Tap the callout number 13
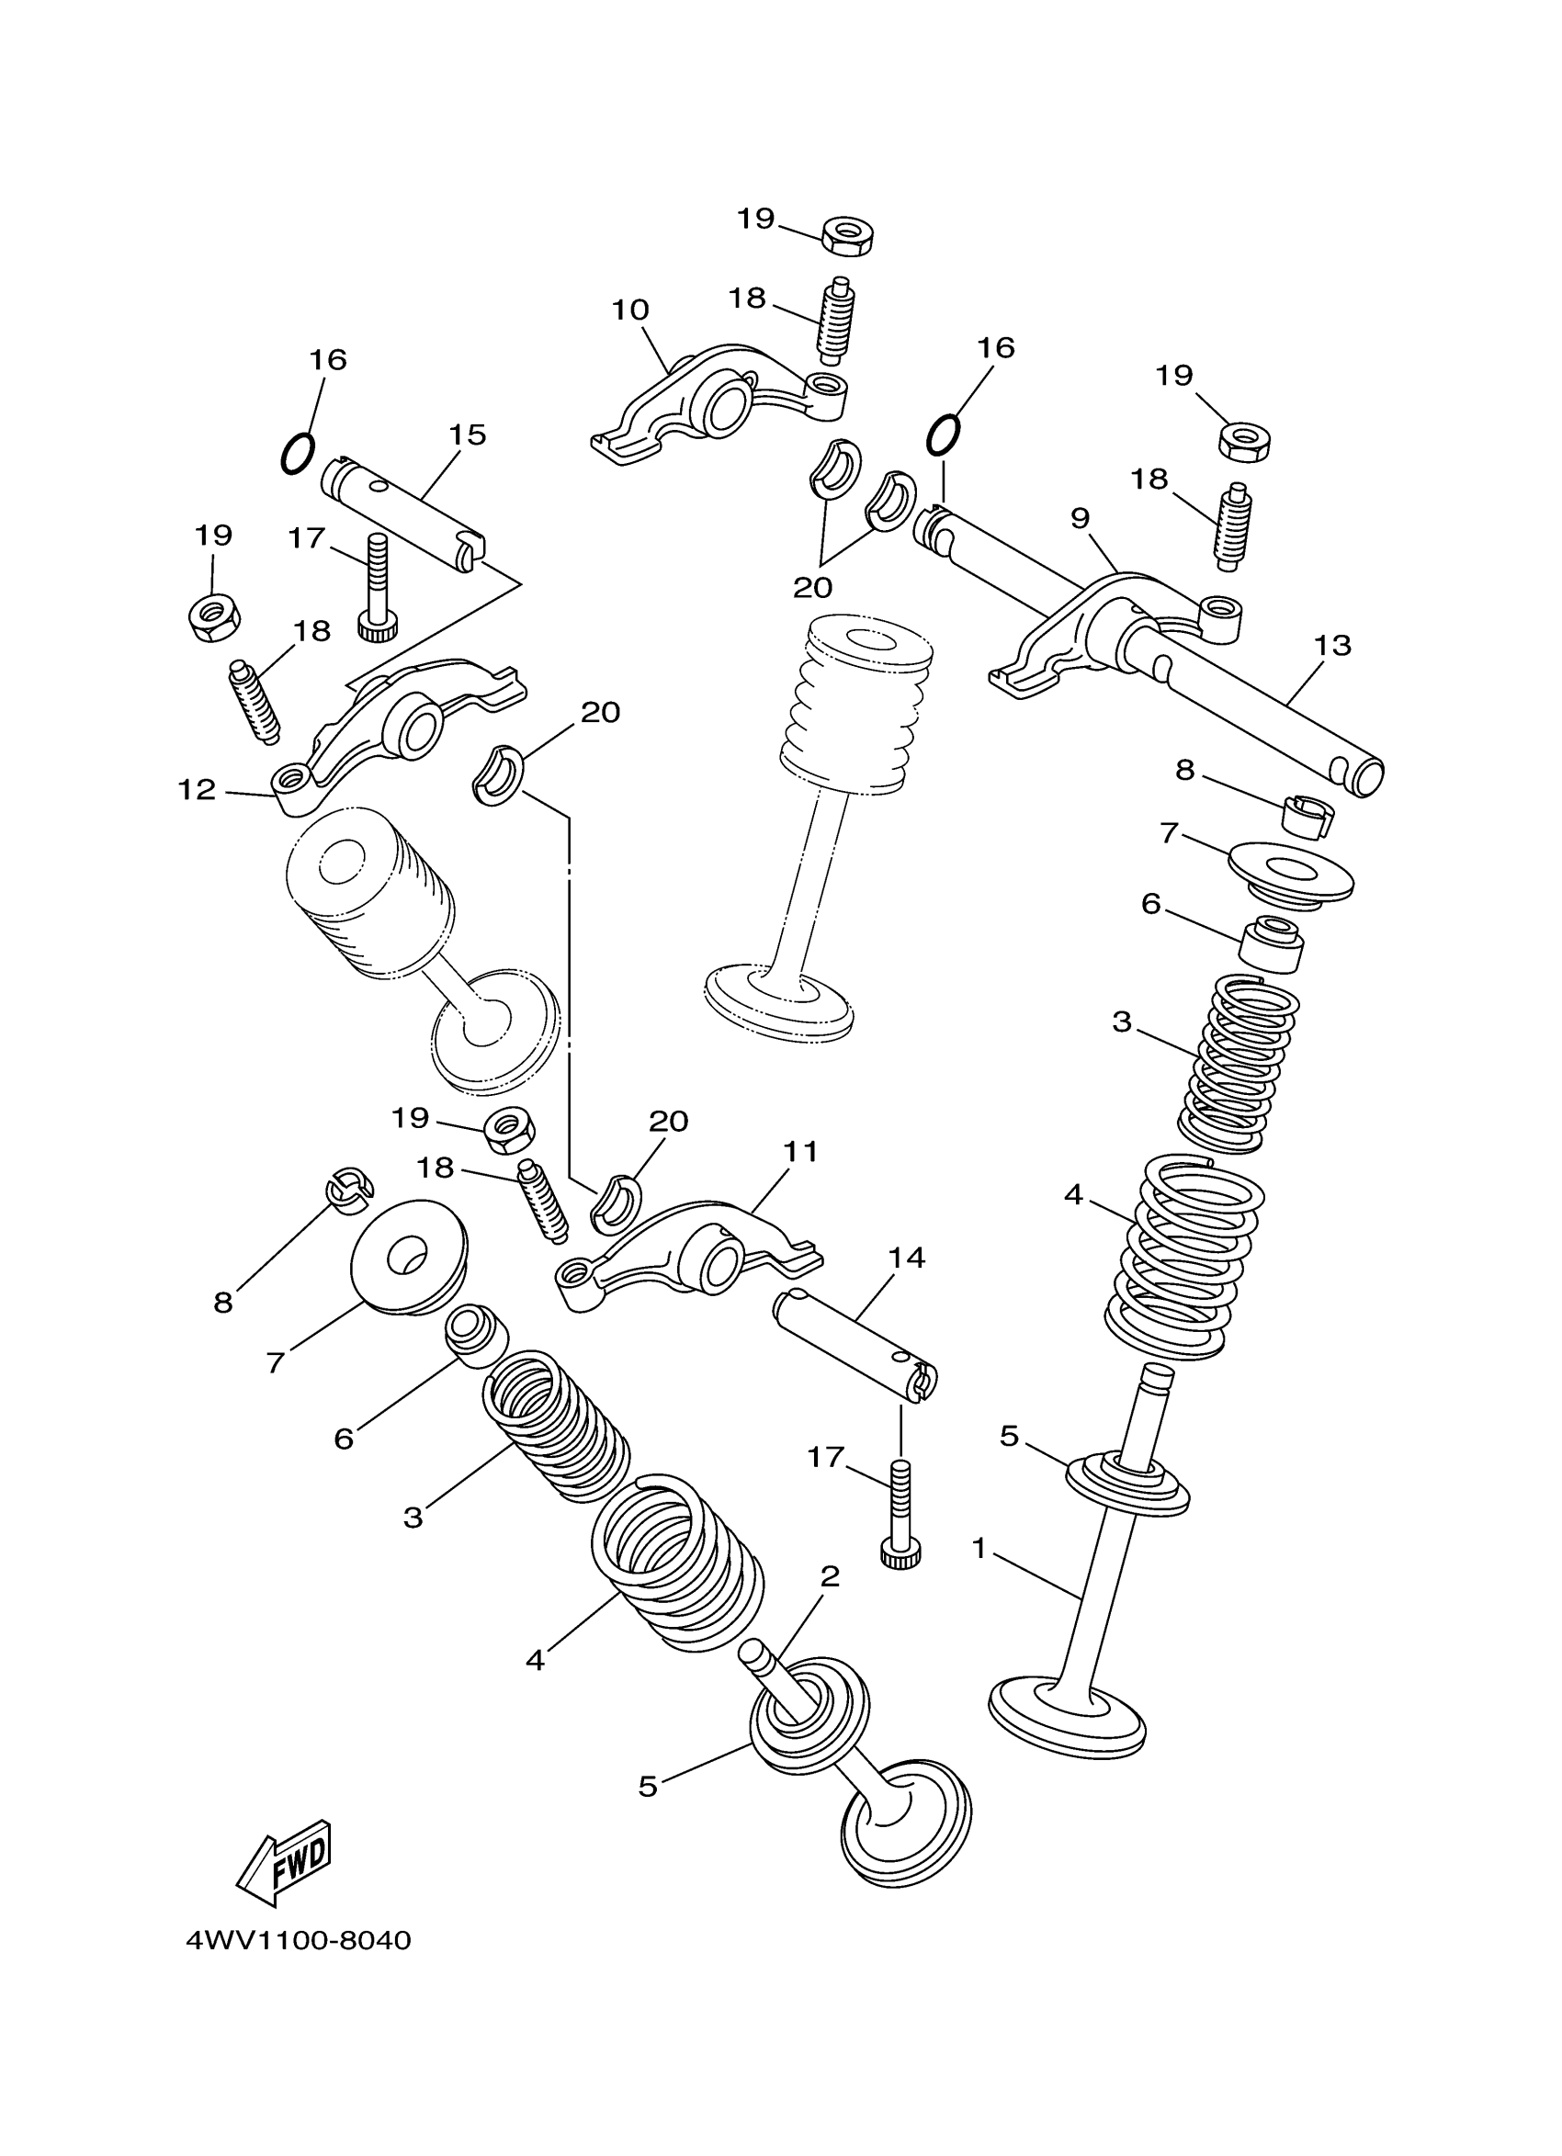(1332, 646)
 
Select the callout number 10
(629, 310)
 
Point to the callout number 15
(467, 435)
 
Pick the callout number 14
(906, 1258)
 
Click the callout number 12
(197, 790)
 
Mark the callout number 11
(799, 1151)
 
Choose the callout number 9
(1079, 518)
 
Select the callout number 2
(830, 1577)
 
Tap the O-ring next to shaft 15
(299, 454)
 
